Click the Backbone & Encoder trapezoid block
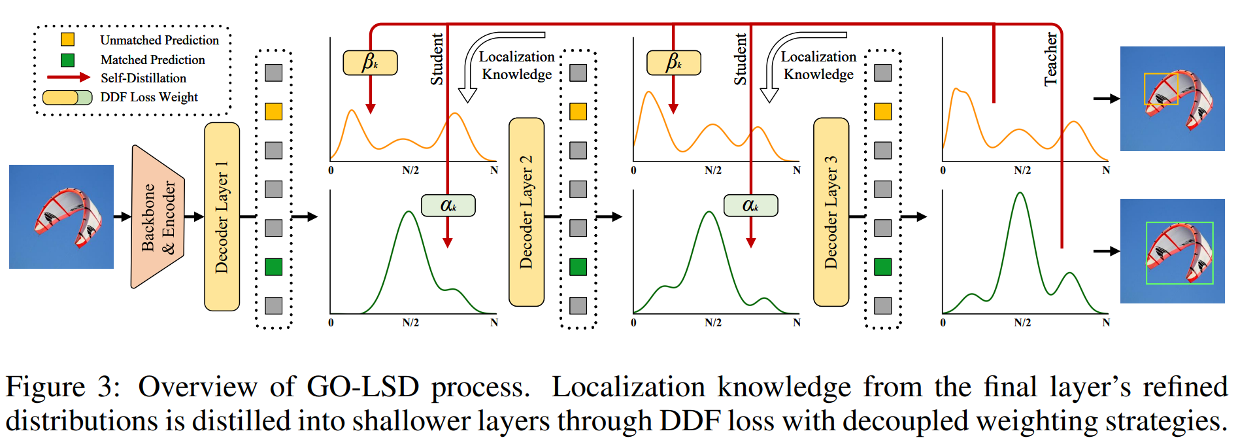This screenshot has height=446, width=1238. (158, 217)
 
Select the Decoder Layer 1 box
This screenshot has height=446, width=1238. (222, 216)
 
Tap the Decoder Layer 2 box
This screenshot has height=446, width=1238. (526, 212)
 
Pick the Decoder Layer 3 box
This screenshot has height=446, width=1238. (831, 212)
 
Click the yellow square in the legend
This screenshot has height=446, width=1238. (67, 40)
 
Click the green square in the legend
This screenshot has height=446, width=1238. (67, 60)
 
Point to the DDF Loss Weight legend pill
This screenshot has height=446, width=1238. (67, 97)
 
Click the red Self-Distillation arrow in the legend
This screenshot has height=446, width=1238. (68, 77)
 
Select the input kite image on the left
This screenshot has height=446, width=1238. (61, 216)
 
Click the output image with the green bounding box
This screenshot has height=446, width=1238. (1172, 251)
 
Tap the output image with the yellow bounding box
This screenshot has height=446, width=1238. (1172, 99)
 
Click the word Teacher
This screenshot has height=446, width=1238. (1050, 59)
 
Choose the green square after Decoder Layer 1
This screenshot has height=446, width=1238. (274, 267)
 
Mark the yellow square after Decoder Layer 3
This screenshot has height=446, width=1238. (883, 111)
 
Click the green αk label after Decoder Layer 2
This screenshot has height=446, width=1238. (750, 205)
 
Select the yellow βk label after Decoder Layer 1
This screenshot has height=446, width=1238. (370, 63)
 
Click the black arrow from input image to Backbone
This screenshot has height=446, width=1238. (122, 216)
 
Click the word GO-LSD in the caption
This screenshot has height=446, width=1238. (362, 386)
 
